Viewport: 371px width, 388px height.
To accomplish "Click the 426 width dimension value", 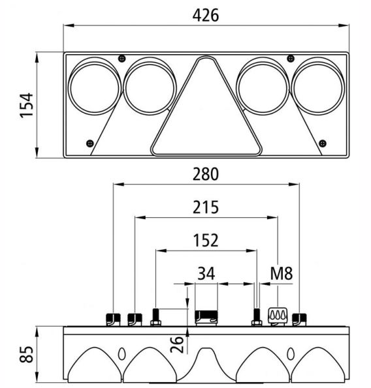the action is click(x=206, y=16).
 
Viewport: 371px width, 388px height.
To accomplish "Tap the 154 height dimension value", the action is click(x=27, y=105).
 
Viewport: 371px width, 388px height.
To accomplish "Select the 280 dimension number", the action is click(x=206, y=174).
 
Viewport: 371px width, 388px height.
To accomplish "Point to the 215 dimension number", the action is click(x=206, y=207).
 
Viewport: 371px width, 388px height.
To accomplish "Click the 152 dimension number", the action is click(x=206, y=241).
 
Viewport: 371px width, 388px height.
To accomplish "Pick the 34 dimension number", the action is click(x=206, y=273).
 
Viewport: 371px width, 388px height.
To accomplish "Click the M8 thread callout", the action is click(x=282, y=273).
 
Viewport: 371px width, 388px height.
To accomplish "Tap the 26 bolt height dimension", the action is click(x=177, y=344).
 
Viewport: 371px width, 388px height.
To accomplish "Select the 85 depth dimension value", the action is click(x=26, y=354).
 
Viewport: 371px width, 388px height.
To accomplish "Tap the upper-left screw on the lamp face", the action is click(x=121, y=59).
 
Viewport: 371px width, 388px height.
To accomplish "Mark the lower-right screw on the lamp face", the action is click(x=323, y=143).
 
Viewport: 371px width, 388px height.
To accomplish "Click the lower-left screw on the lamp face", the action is click(x=90, y=143).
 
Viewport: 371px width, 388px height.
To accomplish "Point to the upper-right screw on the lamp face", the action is click(x=291, y=59).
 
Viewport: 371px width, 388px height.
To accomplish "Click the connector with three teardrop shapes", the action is click(x=278, y=316).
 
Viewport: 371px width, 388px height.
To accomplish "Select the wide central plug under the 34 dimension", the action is click(x=206, y=318).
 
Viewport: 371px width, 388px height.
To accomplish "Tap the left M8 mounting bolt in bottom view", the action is click(x=156, y=317).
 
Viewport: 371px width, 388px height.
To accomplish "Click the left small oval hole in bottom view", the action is click(x=121, y=354).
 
